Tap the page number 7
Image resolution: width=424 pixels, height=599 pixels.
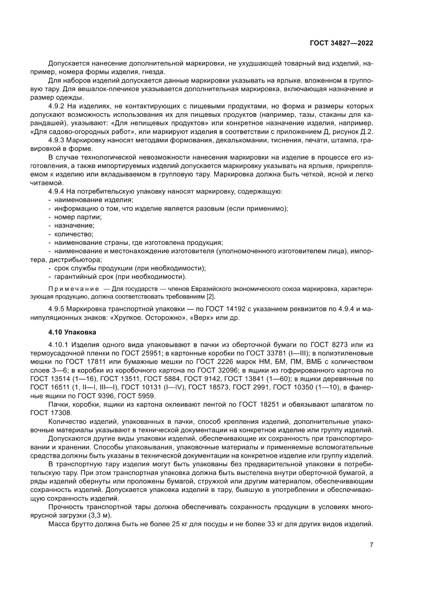[371, 545]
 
